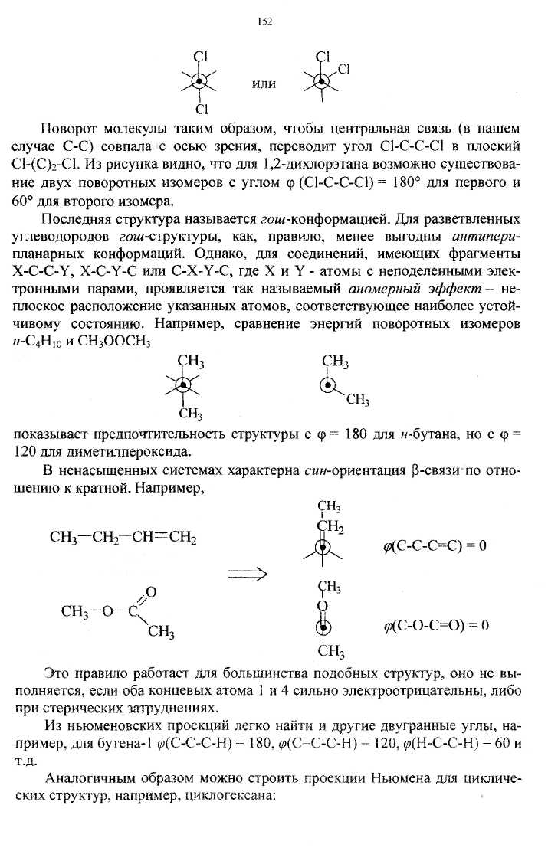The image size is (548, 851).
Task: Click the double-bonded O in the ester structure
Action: point(151,591)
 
